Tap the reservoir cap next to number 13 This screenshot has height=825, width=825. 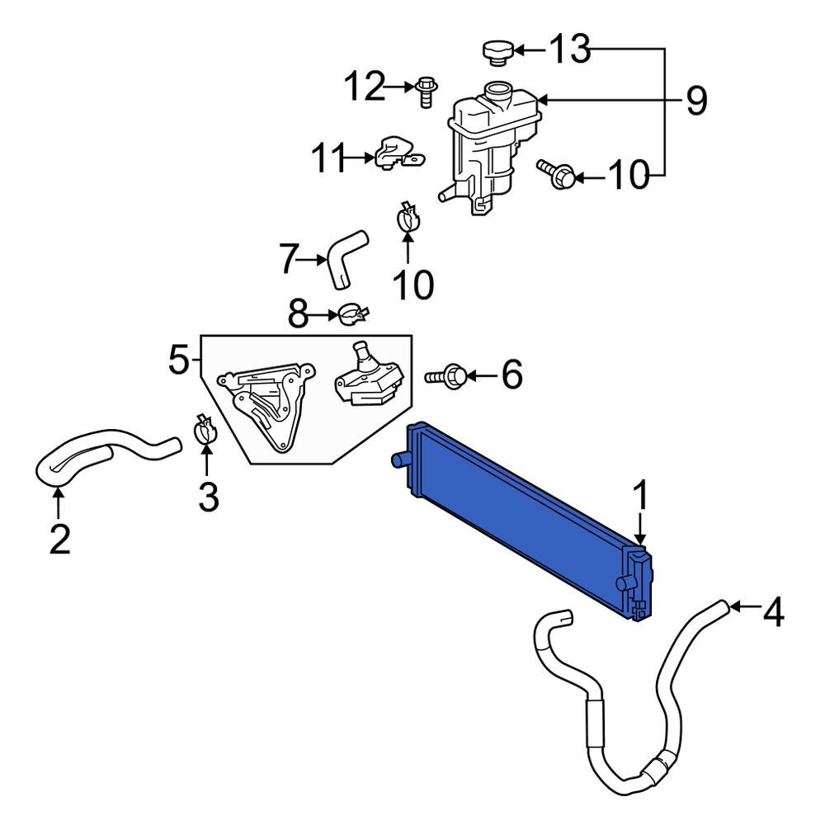click(497, 53)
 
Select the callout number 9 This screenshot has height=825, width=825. click(695, 101)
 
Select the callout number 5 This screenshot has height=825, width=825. click(179, 361)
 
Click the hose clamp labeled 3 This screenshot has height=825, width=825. click(206, 431)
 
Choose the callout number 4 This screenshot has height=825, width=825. click(773, 612)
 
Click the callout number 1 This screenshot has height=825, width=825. click(641, 497)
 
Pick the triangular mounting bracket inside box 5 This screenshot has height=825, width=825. click(266, 403)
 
